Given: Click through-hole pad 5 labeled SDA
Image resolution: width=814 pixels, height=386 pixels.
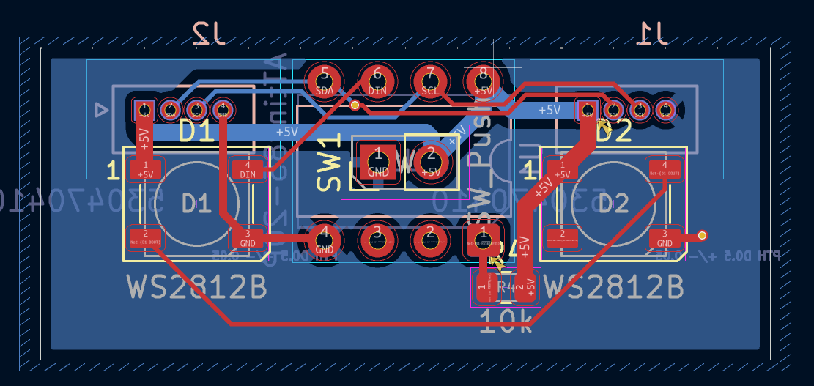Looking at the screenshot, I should tap(324, 80).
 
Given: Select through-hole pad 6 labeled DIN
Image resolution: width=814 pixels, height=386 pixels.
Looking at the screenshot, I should tap(377, 80).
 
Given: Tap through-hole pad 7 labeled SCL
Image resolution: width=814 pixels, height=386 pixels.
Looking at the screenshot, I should tap(430, 80).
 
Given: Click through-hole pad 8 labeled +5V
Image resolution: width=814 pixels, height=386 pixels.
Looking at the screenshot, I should tap(483, 80).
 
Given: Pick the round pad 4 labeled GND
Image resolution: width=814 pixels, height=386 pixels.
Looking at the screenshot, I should tap(324, 239).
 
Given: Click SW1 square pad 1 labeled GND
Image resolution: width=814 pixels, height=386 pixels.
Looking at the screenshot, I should tap(378, 162).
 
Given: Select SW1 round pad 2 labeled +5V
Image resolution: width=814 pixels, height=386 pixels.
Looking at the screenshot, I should tap(431, 162).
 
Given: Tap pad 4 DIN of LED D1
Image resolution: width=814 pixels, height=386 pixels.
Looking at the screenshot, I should tap(248, 169).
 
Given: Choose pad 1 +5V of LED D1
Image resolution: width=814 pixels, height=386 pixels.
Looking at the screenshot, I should tap(145, 169).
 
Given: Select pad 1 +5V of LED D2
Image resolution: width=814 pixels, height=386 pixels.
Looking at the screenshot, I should tap(562, 169).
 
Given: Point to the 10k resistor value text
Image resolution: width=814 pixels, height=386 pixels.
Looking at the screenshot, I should tap(506, 321).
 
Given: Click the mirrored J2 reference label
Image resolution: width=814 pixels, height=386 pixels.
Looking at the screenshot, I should tap(210, 32).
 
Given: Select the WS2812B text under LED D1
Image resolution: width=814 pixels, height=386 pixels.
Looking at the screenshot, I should tap(197, 287).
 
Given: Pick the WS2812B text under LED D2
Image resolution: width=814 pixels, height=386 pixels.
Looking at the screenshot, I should tap(614, 287).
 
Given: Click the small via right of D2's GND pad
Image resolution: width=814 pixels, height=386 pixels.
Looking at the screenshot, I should tap(703, 235).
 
